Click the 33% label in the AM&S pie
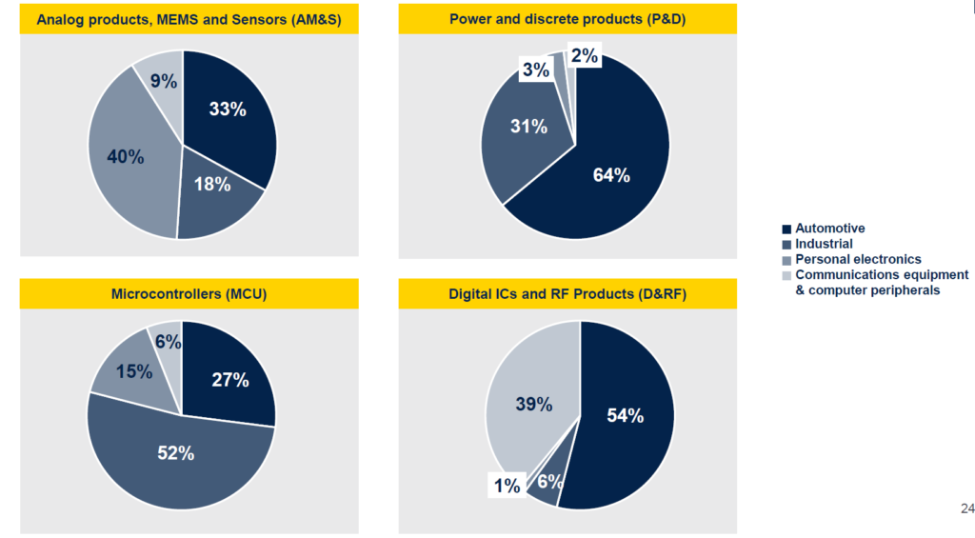(x=228, y=110)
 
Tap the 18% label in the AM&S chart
(x=212, y=185)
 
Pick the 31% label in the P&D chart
(x=527, y=127)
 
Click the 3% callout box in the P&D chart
(x=533, y=70)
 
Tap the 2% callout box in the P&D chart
(x=584, y=56)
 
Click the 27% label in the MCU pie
(x=229, y=381)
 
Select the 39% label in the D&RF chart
(x=532, y=404)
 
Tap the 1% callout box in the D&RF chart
(x=507, y=486)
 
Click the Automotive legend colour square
(x=786, y=229)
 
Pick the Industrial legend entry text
(x=825, y=244)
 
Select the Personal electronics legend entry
(x=858, y=259)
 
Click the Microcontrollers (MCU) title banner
(x=189, y=293)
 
